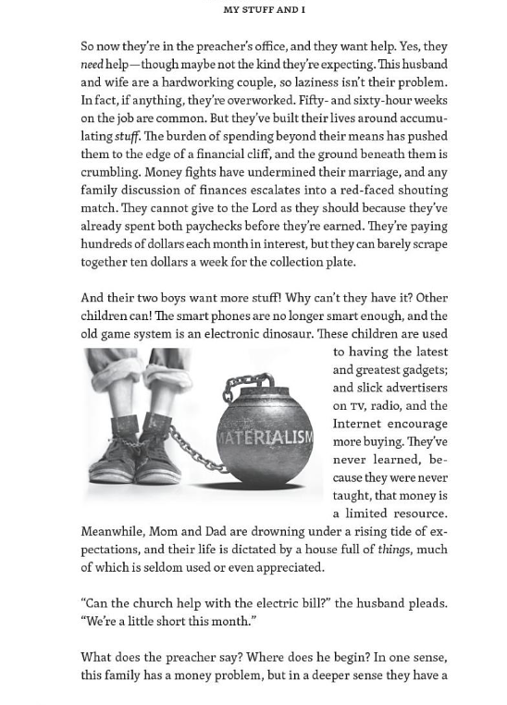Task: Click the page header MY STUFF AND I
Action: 264,10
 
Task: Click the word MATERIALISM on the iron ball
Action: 265,437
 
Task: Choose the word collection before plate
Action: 299,262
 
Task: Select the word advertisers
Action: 411,388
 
